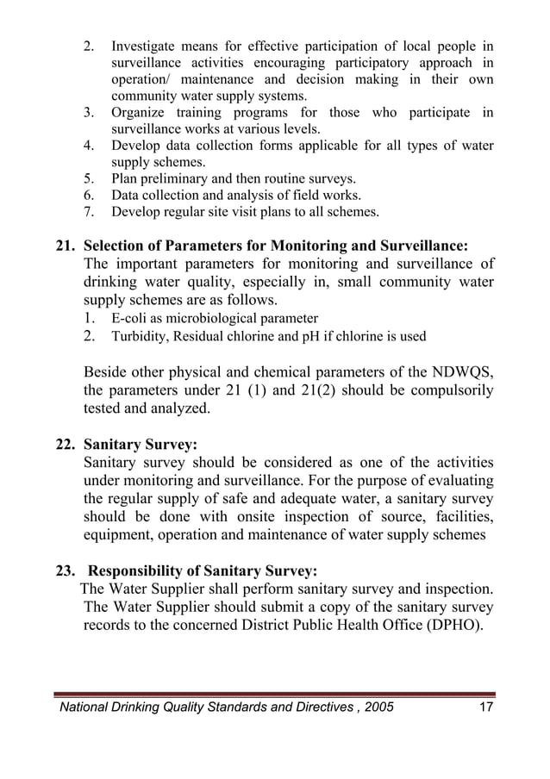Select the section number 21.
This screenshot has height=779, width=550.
pyautogui.click(x=66, y=245)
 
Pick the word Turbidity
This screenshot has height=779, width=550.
pyautogui.click(x=141, y=336)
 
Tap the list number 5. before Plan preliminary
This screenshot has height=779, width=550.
pyautogui.click(x=89, y=179)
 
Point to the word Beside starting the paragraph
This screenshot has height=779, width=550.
pyautogui.click(x=106, y=372)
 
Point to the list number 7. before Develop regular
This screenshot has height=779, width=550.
pyautogui.click(x=89, y=211)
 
